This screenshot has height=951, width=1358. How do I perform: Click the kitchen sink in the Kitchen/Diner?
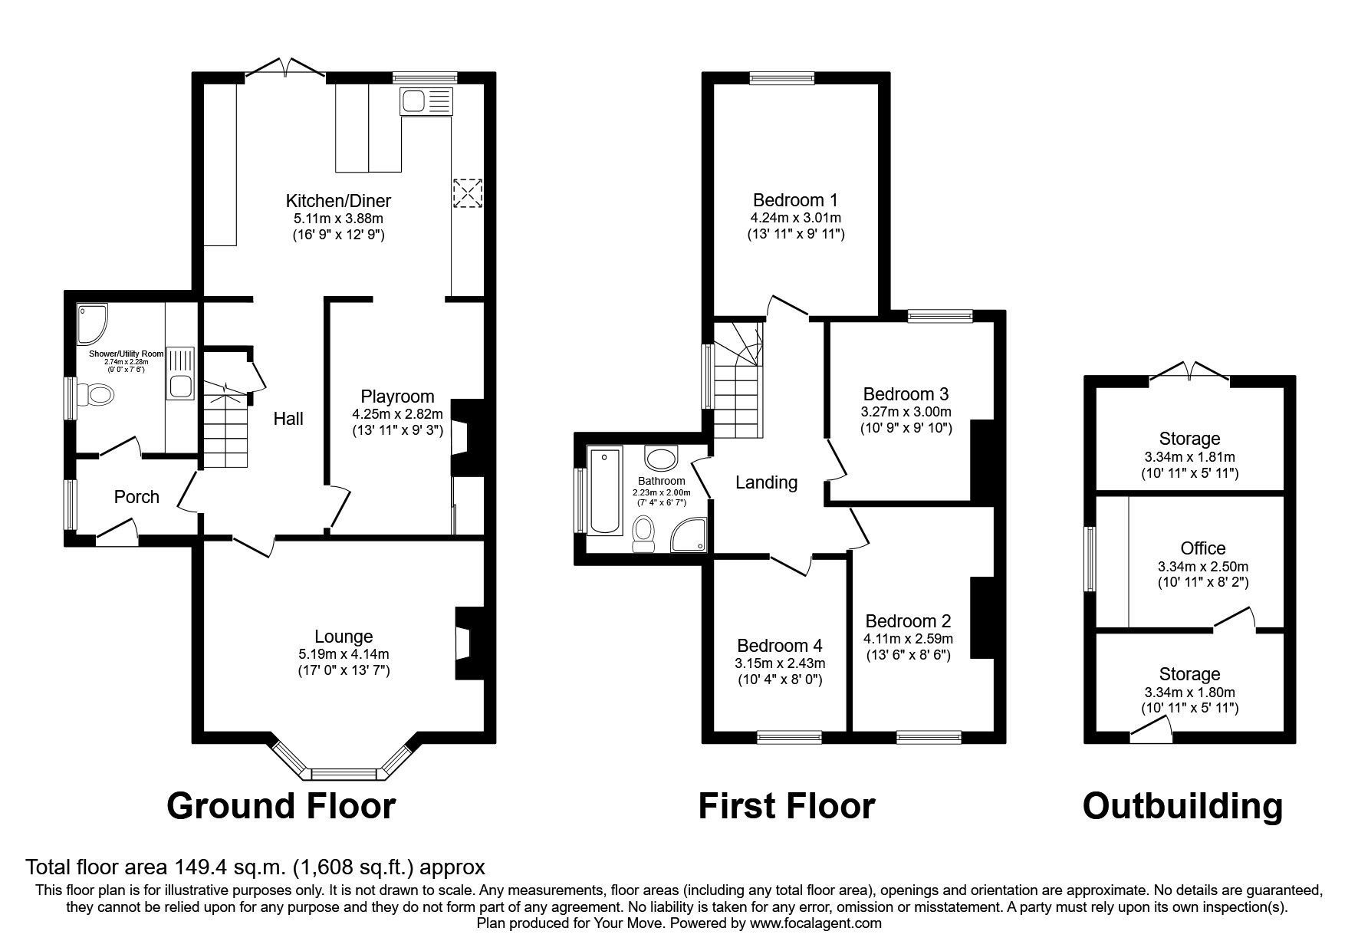(x=426, y=101)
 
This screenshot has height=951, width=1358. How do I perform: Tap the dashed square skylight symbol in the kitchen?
(x=469, y=193)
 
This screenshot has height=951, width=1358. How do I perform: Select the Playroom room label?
(x=397, y=397)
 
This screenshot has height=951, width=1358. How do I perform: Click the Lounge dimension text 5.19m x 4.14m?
(x=344, y=654)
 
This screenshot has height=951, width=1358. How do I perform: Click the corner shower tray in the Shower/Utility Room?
(x=92, y=323)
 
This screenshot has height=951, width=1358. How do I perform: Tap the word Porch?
(x=136, y=497)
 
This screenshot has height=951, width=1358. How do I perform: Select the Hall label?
(x=288, y=419)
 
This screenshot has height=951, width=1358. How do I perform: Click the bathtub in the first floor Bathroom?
(x=606, y=491)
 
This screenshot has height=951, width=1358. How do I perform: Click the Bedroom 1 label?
(x=795, y=200)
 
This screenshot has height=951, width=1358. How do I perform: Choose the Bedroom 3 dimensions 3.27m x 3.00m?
(x=906, y=412)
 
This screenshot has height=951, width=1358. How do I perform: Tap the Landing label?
(x=766, y=482)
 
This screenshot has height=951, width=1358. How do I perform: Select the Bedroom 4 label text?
(x=779, y=646)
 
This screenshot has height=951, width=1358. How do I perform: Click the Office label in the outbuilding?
(x=1202, y=548)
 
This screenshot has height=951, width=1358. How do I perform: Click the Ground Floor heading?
(x=281, y=806)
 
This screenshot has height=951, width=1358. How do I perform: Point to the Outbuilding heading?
(x=1182, y=806)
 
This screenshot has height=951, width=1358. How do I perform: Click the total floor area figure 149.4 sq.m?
(x=228, y=867)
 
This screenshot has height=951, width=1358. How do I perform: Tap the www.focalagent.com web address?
(x=815, y=923)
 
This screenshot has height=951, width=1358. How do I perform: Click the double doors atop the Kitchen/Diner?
(x=285, y=71)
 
